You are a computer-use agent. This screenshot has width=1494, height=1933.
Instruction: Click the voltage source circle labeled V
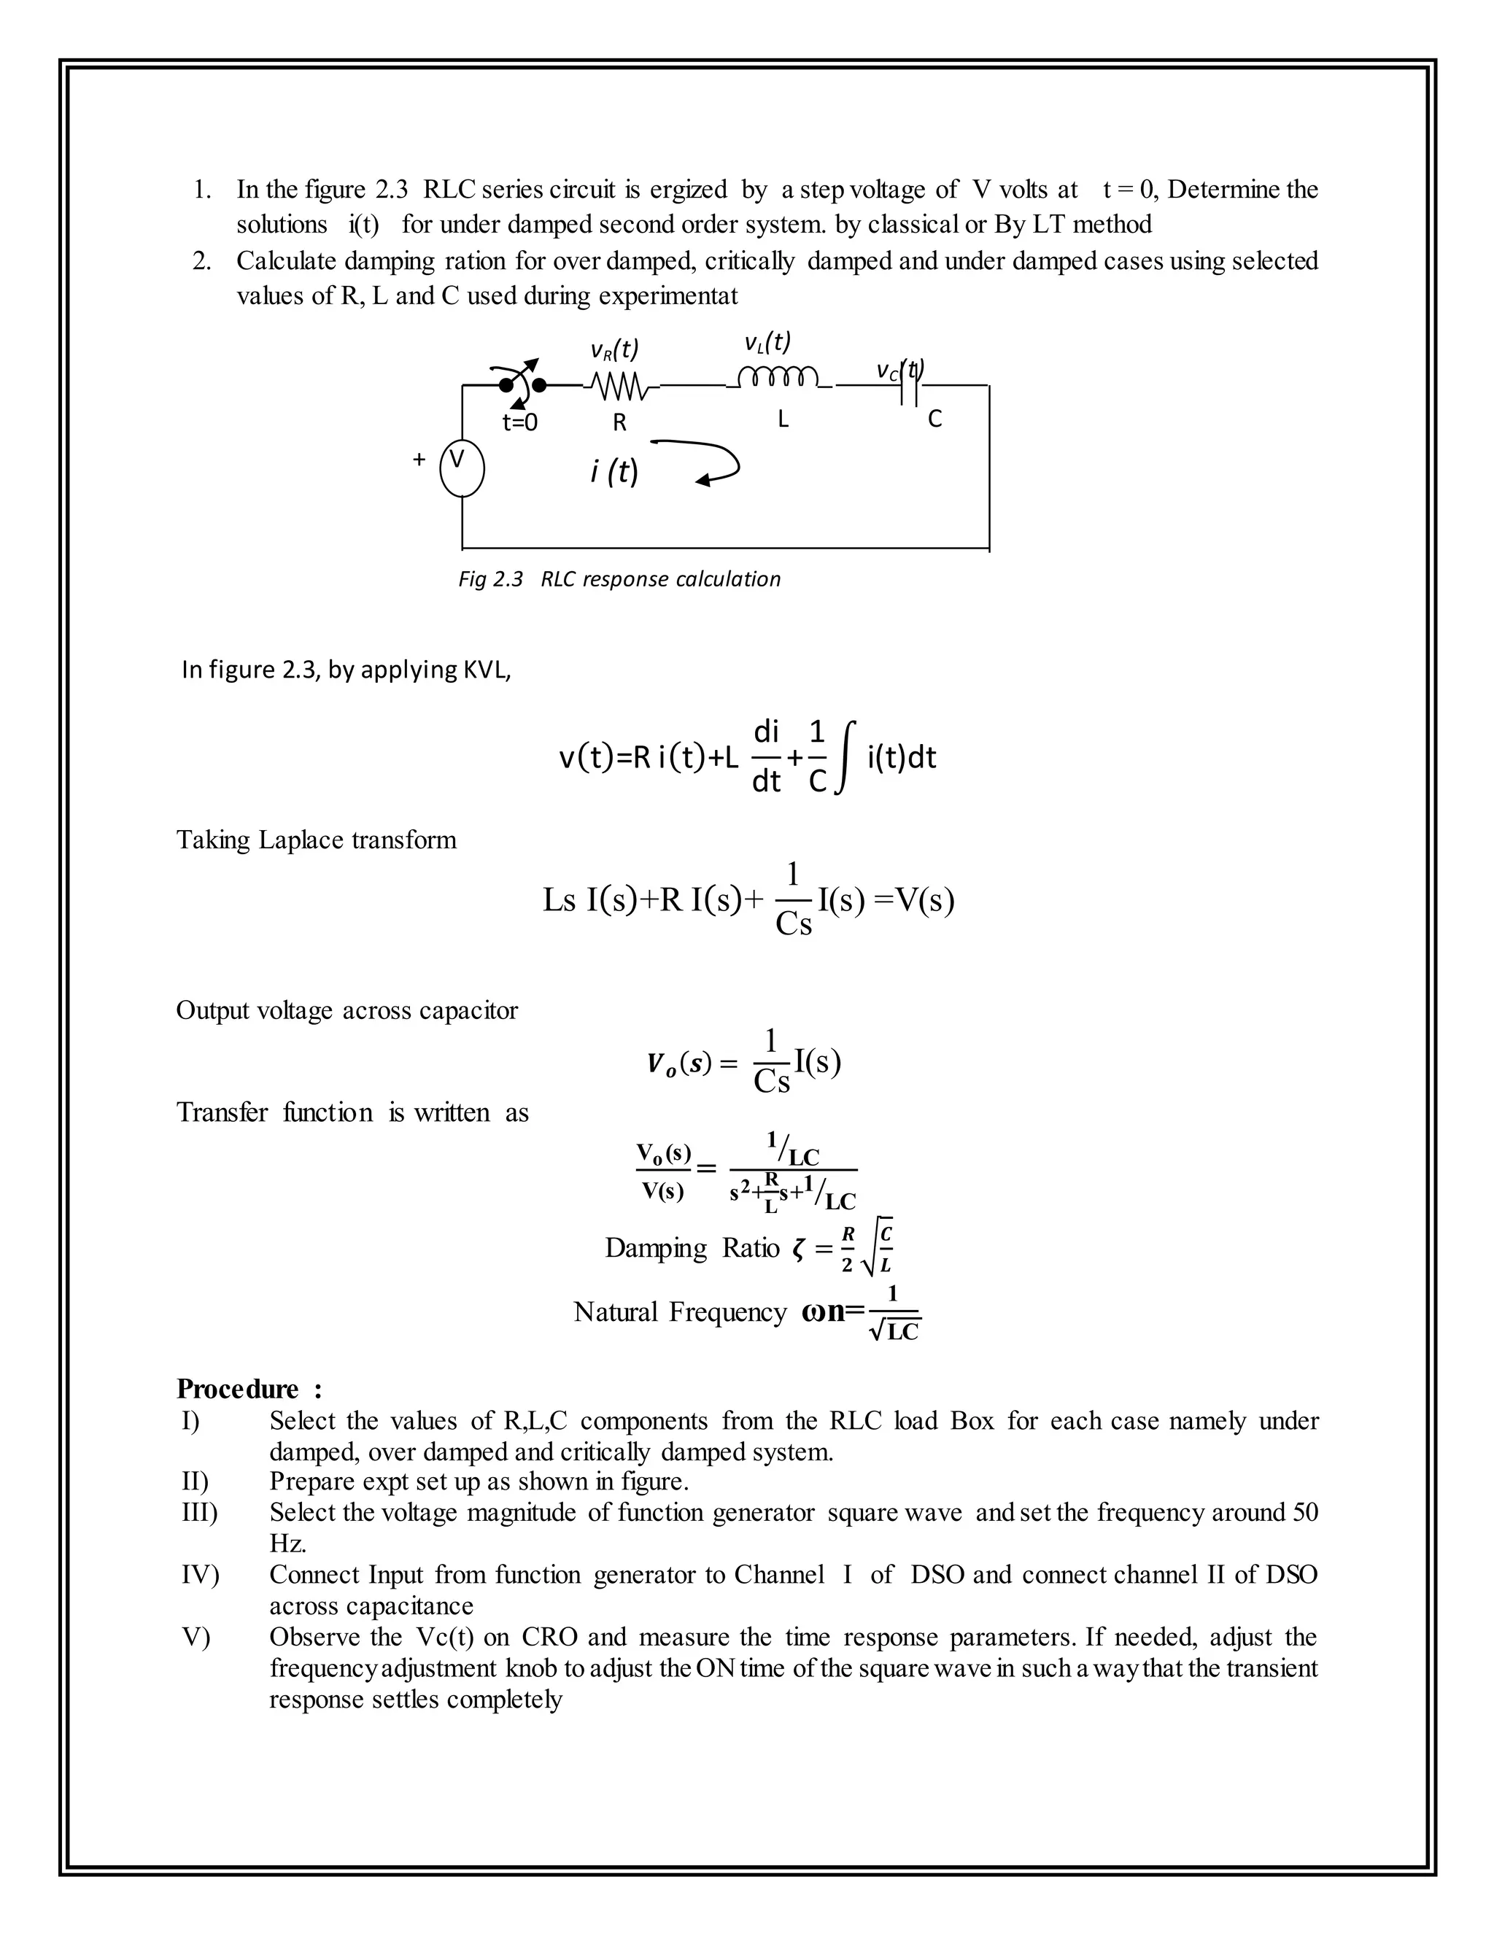(x=462, y=469)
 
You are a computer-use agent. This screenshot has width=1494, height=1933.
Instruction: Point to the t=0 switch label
(x=519, y=423)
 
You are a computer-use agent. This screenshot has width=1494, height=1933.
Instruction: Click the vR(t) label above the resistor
(x=614, y=350)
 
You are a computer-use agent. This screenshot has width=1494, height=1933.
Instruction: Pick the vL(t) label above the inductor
(x=767, y=341)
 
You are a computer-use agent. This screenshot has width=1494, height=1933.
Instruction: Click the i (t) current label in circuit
(x=614, y=472)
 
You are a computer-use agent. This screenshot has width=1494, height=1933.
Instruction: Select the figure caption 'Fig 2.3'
(x=490, y=580)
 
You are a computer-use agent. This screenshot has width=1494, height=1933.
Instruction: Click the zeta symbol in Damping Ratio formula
(x=798, y=1249)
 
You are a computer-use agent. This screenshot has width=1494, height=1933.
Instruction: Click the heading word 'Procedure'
(x=237, y=1388)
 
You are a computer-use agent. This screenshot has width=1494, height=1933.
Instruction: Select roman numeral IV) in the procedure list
(x=200, y=1575)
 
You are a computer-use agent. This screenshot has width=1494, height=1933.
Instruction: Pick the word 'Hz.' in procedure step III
(x=287, y=1543)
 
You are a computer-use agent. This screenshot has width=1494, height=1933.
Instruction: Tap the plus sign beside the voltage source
(x=419, y=460)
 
